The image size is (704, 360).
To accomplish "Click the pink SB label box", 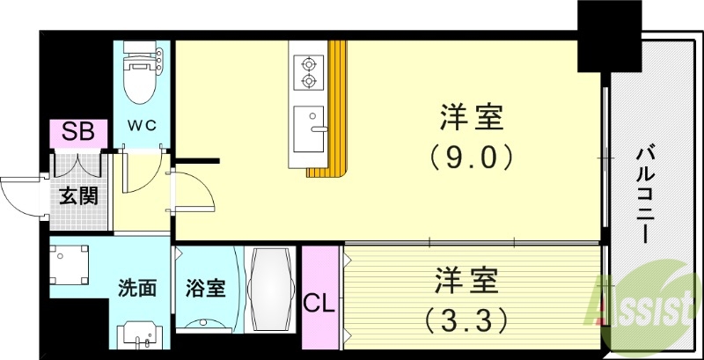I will click(x=78, y=133).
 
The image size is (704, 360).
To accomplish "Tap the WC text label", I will click(x=143, y=124).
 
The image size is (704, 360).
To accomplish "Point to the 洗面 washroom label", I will click(x=138, y=288).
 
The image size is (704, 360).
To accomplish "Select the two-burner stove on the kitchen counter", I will click(x=309, y=72).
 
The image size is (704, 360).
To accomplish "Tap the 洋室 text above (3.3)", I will click(x=466, y=283).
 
